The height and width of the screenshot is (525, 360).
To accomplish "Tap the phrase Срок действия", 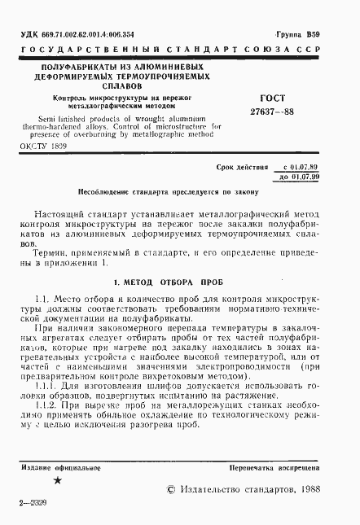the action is pyautogui.click(x=242, y=166).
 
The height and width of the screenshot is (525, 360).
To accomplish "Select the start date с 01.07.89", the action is pyautogui.click(x=297, y=166).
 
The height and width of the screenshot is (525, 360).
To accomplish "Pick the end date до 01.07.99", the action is pyautogui.click(x=297, y=177).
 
